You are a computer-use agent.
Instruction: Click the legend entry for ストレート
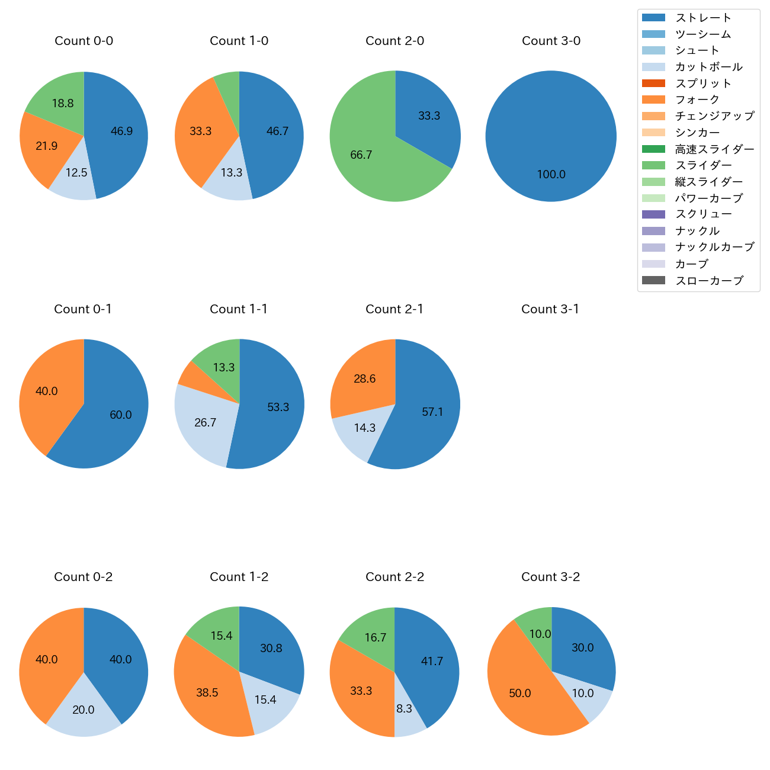click(703, 18)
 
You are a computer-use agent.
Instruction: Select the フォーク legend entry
click(697, 100)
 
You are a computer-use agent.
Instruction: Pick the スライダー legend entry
click(703, 165)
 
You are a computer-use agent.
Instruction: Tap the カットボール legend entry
click(708, 67)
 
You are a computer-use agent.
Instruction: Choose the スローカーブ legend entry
click(708, 281)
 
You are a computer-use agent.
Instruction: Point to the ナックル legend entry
click(697, 231)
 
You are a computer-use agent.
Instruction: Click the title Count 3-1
click(550, 309)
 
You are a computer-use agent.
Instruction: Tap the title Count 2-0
click(394, 41)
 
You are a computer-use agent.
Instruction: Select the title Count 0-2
click(84, 577)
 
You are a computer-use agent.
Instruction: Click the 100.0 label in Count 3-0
click(551, 174)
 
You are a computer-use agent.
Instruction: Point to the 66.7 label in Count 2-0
click(361, 155)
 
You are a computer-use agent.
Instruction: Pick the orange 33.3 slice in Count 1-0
click(198, 136)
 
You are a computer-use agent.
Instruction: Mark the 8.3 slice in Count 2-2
click(408, 714)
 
